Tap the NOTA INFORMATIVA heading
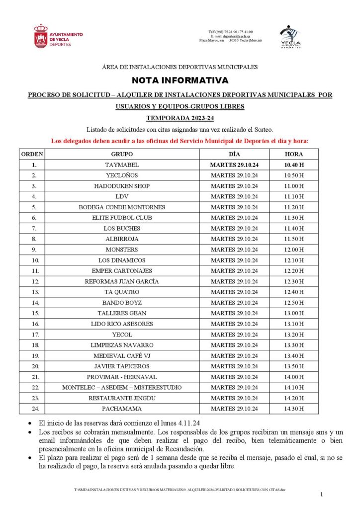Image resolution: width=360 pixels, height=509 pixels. pyautogui.click(x=180, y=80)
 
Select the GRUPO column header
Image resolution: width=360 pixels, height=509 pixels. pyautogui.click(x=122, y=154)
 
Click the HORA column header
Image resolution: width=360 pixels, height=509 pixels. pyautogui.click(x=294, y=154)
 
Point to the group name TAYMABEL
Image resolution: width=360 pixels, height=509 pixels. pyautogui.click(x=122, y=165)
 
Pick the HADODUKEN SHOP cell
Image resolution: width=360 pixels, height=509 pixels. pyautogui.click(x=122, y=186)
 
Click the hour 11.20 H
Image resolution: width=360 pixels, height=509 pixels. pyautogui.click(x=294, y=207)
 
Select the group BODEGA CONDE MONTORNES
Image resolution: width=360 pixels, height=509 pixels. pyautogui.click(x=122, y=207)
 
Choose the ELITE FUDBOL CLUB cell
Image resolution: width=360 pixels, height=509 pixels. pyautogui.click(x=122, y=218)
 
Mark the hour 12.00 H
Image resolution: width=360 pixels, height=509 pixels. pyautogui.click(x=294, y=250)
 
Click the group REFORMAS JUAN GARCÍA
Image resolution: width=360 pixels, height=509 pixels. pyautogui.click(x=122, y=281)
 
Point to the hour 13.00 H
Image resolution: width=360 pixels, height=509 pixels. pyautogui.click(x=294, y=313)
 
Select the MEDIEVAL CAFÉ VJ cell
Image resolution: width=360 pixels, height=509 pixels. pyautogui.click(x=122, y=356)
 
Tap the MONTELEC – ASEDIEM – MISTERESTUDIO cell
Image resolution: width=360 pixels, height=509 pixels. pyautogui.click(x=122, y=387)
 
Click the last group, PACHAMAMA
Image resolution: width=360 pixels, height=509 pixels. pyautogui.click(x=122, y=409)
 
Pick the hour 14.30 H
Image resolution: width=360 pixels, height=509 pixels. pyautogui.click(x=294, y=409)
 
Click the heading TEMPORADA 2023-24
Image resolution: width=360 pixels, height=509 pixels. pyautogui.click(x=180, y=118)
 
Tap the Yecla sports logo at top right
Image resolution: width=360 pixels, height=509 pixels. pyautogui.click(x=290, y=37)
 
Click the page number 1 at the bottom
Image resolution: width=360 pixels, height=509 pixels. pyautogui.click(x=322, y=494)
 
